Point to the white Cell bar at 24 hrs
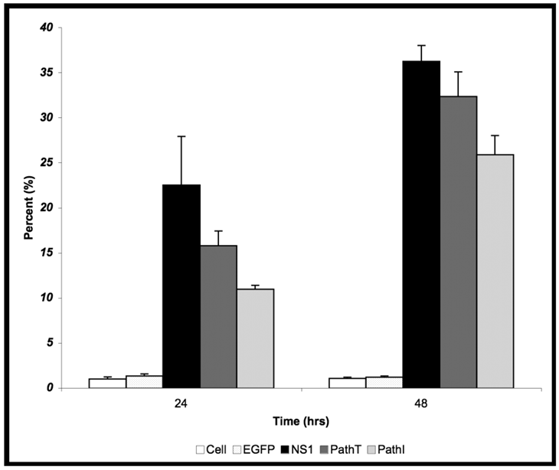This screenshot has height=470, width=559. (107, 383)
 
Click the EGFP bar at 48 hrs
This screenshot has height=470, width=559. (384, 382)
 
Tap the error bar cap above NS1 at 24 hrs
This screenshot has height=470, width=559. (181, 136)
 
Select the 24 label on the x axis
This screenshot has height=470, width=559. (181, 401)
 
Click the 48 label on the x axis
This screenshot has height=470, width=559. (421, 401)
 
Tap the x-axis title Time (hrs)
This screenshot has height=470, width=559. (301, 421)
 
